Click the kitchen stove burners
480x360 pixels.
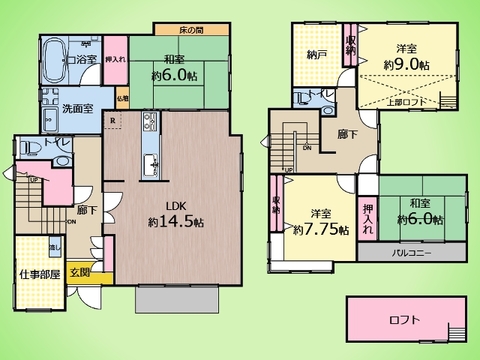tap(150, 123)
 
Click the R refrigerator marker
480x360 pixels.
tap(113, 123)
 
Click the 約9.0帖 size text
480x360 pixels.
tap(409, 65)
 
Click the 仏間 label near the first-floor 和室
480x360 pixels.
tap(120, 99)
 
